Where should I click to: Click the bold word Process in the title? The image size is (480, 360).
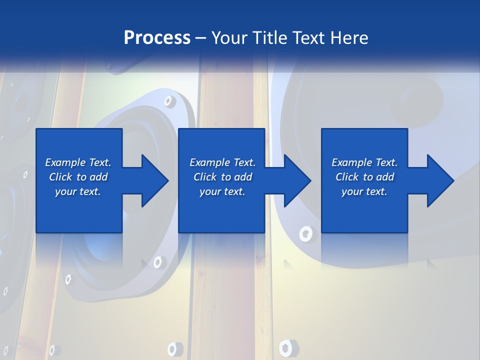(x=157, y=38)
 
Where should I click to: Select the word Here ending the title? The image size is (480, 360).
(x=349, y=38)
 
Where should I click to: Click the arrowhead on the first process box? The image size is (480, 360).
(x=155, y=180)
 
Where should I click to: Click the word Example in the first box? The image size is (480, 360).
(x=65, y=162)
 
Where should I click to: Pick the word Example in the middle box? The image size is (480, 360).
(x=210, y=162)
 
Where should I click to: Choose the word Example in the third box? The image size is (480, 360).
(x=352, y=162)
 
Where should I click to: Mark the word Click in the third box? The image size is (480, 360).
(x=347, y=177)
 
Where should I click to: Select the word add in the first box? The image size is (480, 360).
(x=98, y=177)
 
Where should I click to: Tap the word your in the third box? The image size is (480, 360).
(x=352, y=191)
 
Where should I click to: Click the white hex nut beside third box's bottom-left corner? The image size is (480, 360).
(x=305, y=233)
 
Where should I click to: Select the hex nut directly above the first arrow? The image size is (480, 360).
(x=169, y=102)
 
